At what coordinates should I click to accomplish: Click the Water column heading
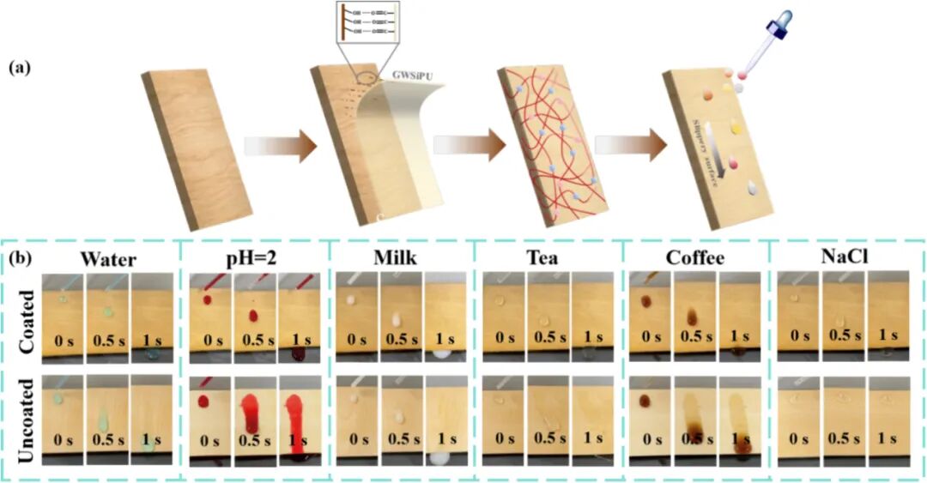pyautogui.click(x=109, y=259)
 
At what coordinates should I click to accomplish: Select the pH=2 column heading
pyautogui.click(x=255, y=259)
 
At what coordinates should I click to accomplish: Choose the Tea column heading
pyautogui.click(x=548, y=259)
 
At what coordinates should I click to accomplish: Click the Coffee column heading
pyautogui.click(x=694, y=259)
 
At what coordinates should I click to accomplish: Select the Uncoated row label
pyautogui.click(x=25, y=418)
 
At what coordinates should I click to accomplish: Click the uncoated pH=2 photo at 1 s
pyautogui.click(x=301, y=419)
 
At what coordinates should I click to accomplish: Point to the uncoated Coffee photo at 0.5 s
pyautogui.click(x=694, y=419)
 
